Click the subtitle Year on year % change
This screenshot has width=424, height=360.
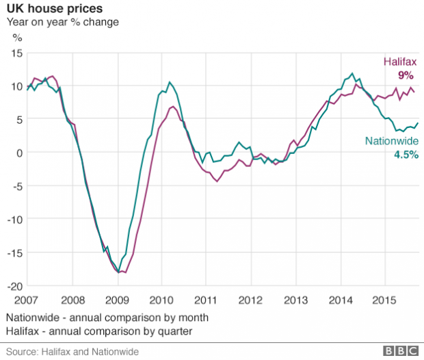63,22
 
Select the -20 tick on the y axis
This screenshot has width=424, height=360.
14,286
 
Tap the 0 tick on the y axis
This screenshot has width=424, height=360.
20,153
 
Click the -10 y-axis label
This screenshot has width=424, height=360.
14,220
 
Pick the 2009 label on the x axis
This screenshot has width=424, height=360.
117,300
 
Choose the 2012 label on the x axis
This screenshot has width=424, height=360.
251,300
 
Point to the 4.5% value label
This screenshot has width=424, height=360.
406,155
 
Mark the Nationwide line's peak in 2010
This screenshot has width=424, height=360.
169,83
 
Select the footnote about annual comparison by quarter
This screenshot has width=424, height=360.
98,331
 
